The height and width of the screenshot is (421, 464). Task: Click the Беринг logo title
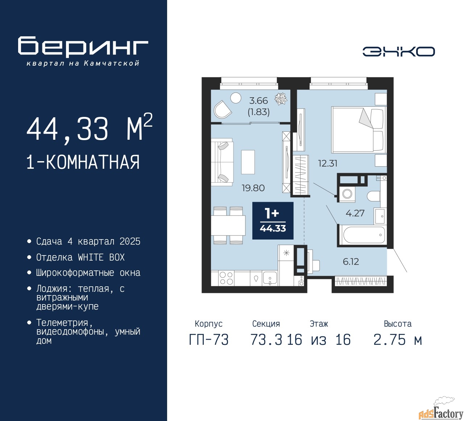(83, 46)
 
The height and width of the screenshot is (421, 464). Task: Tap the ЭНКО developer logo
(398, 52)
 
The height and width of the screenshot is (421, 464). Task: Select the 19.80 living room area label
(253, 188)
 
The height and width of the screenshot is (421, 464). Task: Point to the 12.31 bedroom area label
(328, 163)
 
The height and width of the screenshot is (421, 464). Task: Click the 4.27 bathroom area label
(355, 213)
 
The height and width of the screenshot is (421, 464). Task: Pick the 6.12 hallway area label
(351, 261)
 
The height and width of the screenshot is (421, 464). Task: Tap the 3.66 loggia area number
(258, 101)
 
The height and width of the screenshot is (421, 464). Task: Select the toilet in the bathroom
(373, 196)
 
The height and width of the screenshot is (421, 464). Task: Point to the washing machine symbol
(347, 193)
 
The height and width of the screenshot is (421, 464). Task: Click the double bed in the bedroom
(359, 130)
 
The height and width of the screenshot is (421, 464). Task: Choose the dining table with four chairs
(228, 225)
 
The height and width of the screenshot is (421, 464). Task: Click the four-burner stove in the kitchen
(227, 278)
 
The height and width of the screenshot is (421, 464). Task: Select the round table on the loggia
(236, 98)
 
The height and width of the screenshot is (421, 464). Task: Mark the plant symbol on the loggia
(281, 99)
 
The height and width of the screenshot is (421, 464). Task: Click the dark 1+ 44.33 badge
(273, 220)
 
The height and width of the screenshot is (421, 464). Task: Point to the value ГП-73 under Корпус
(209, 340)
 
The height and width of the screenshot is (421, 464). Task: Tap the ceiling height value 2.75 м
(398, 340)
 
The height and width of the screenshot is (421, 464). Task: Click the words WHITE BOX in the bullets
(101, 257)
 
